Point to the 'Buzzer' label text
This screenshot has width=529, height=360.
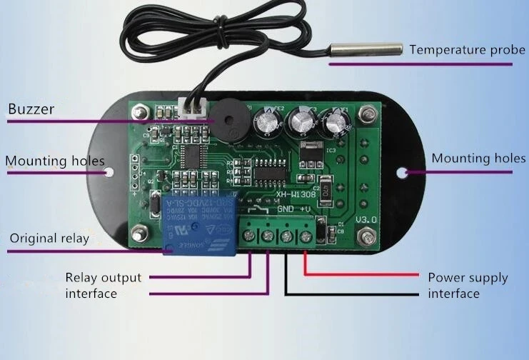click(31, 109)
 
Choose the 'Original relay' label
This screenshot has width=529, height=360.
click(49, 238)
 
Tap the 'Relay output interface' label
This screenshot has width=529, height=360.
click(103, 285)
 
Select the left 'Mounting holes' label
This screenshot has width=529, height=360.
click(55, 161)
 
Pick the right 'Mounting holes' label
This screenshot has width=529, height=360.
click(478, 158)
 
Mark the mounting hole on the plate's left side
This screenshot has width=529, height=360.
click(109, 172)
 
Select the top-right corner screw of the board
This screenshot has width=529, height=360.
click(368, 114)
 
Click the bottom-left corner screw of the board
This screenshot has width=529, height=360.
click(138, 231)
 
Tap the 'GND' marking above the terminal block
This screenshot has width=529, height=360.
click(285, 209)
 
